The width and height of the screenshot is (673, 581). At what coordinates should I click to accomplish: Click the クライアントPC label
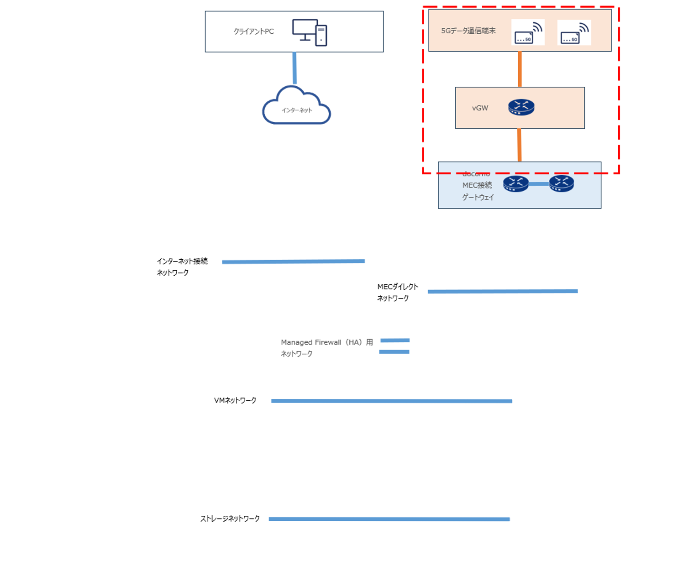[254, 31]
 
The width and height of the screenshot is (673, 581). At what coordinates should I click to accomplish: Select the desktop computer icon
[309, 32]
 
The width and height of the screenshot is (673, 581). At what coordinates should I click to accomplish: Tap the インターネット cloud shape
[297, 107]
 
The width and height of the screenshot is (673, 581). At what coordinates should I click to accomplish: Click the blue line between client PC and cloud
[294, 68]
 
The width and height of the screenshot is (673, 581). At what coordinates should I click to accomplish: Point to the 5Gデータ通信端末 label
[468, 31]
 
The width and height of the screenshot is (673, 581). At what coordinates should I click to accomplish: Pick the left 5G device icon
[528, 32]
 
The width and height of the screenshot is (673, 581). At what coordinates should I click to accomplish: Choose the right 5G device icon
[574, 32]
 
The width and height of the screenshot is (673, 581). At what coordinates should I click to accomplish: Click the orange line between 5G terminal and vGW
[520, 69]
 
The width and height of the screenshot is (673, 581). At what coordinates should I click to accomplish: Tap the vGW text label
[480, 108]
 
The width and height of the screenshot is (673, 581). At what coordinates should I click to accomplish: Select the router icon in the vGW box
[521, 108]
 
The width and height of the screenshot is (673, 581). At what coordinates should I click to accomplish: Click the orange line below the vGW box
[519, 145]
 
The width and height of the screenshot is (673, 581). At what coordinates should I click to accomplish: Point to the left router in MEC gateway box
[516, 184]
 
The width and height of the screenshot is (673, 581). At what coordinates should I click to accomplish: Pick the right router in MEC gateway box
[562, 184]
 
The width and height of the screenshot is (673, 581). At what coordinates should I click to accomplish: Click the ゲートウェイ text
[478, 197]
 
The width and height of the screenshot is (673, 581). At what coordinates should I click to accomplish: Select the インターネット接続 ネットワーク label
[182, 267]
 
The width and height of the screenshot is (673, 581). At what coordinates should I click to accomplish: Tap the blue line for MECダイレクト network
[502, 291]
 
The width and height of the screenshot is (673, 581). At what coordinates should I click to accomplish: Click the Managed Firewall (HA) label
[326, 342]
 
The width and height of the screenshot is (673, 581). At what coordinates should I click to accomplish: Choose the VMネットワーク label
[235, 400]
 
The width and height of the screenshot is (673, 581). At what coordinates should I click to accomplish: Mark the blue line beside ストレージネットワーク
[389, 519]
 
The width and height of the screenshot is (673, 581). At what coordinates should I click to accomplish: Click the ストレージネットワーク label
[230, 518]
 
